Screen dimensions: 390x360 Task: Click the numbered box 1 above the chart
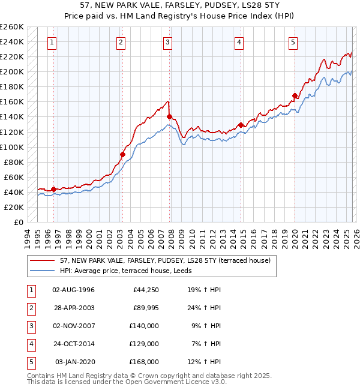[53, 42]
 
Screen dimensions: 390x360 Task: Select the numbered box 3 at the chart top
[167, 42]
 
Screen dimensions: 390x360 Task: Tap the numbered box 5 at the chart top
[293, 42]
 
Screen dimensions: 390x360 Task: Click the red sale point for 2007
[169, 116]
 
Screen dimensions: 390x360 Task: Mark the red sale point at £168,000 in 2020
[295, 95]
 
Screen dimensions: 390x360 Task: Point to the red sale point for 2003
[122, 154]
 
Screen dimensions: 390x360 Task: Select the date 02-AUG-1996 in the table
[73, 290]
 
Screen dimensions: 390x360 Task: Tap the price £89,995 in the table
[146, 308]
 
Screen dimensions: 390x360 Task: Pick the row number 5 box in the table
[30, 362]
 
